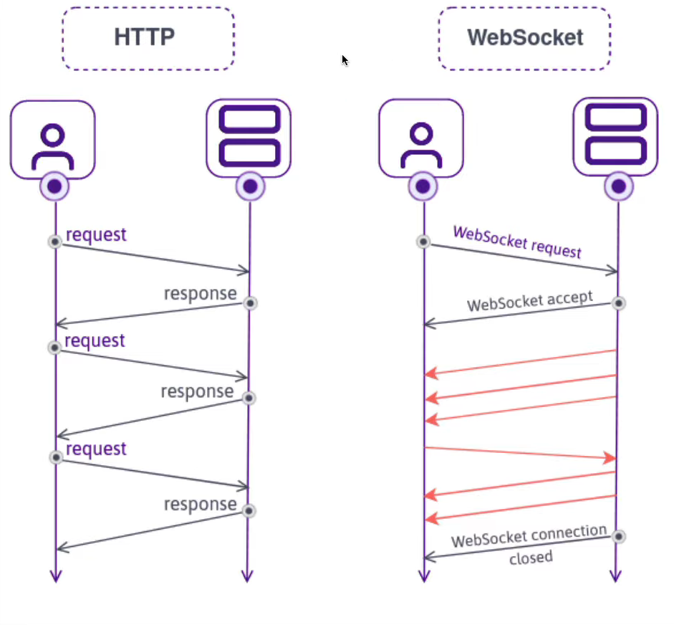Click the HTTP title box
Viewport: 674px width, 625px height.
[x=148, y=38]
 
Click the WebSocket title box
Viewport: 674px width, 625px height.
[x=524, y=38]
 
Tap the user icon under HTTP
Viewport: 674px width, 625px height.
[x=52, y=139]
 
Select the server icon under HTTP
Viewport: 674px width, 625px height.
[x=249, y=138]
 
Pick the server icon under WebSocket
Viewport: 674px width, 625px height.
[x=615, y=136]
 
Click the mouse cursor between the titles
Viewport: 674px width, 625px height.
[x=345, y=60]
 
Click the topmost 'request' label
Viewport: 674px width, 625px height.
[x=96, y=234]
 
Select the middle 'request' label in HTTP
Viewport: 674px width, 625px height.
[x=95, y=340]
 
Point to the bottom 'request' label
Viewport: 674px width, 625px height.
[x=96, y=449]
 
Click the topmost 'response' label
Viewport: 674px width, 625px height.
[x=200, y=293]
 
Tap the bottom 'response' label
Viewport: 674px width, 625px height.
[x=200, y=504]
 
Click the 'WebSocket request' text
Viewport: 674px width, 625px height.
[x=517, y=242]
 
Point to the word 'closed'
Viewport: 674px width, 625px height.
[x=531, y=557]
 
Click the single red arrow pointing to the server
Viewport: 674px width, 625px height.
[x=520, y=453]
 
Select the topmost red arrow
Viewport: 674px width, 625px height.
[x=521, y=362]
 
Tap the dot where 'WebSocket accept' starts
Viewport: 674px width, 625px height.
[x=619, y=303]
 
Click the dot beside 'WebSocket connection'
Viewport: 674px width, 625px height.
[x=619, y=536]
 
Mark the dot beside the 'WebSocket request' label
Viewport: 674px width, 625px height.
[x=423, y=242]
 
